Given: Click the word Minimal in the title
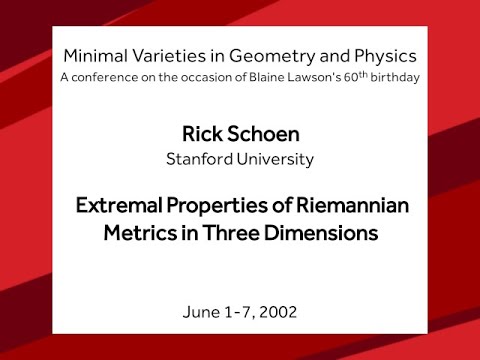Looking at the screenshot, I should coord(93,55).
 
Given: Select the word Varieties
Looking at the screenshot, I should coord(165,55).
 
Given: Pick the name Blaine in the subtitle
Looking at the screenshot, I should coord(263,77).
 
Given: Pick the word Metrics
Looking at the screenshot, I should coord(139,235).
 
